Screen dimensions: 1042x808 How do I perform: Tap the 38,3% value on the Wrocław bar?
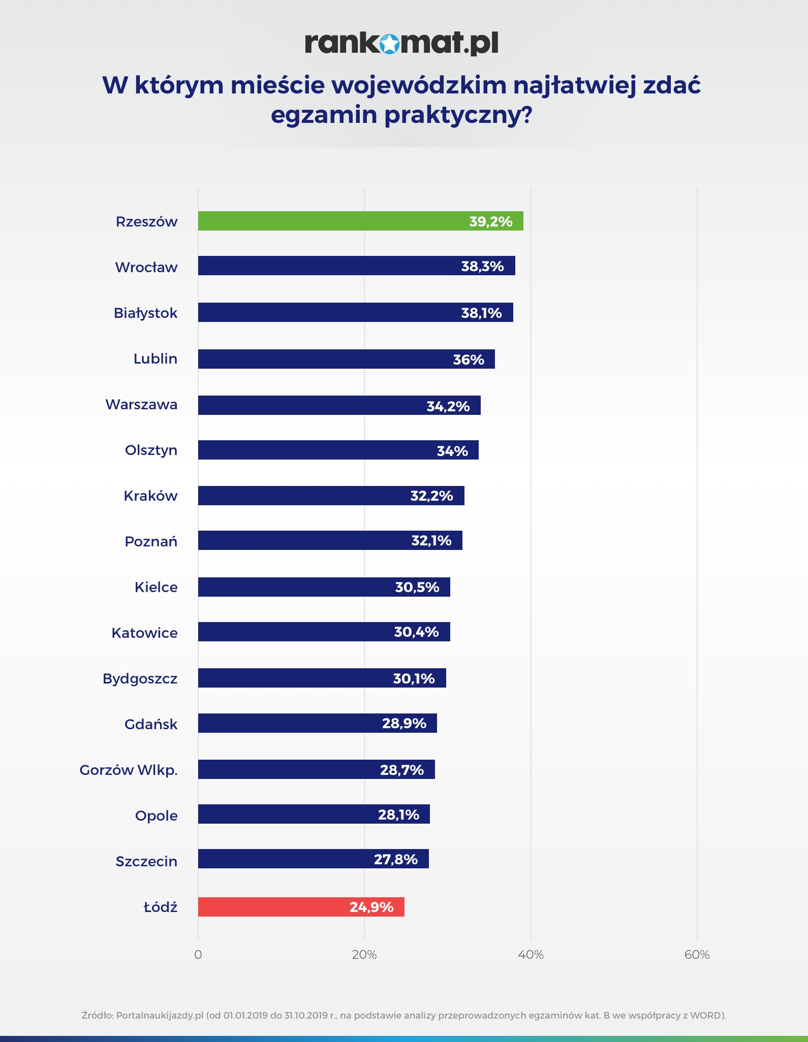coord(482,266)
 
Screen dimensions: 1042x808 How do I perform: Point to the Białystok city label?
coord(145,313)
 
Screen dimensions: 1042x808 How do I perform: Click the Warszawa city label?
coord(141,405)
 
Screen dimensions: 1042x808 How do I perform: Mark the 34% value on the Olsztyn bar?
coord(452,451)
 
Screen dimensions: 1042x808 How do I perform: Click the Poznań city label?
coord(151,541)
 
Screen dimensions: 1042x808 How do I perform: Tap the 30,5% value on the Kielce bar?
coord(417,587)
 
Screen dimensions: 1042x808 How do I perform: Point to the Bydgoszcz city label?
coord(140,678)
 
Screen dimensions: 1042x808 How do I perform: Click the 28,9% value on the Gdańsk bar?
coord(404,723)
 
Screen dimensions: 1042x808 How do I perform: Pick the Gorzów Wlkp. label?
coord(129,770)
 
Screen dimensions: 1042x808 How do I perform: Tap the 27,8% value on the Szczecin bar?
coord(395,859)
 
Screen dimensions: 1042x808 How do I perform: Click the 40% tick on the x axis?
coord(531,955)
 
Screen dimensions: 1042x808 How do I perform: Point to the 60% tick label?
coord(697,955)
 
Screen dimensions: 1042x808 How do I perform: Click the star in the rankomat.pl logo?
coord(389,44)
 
